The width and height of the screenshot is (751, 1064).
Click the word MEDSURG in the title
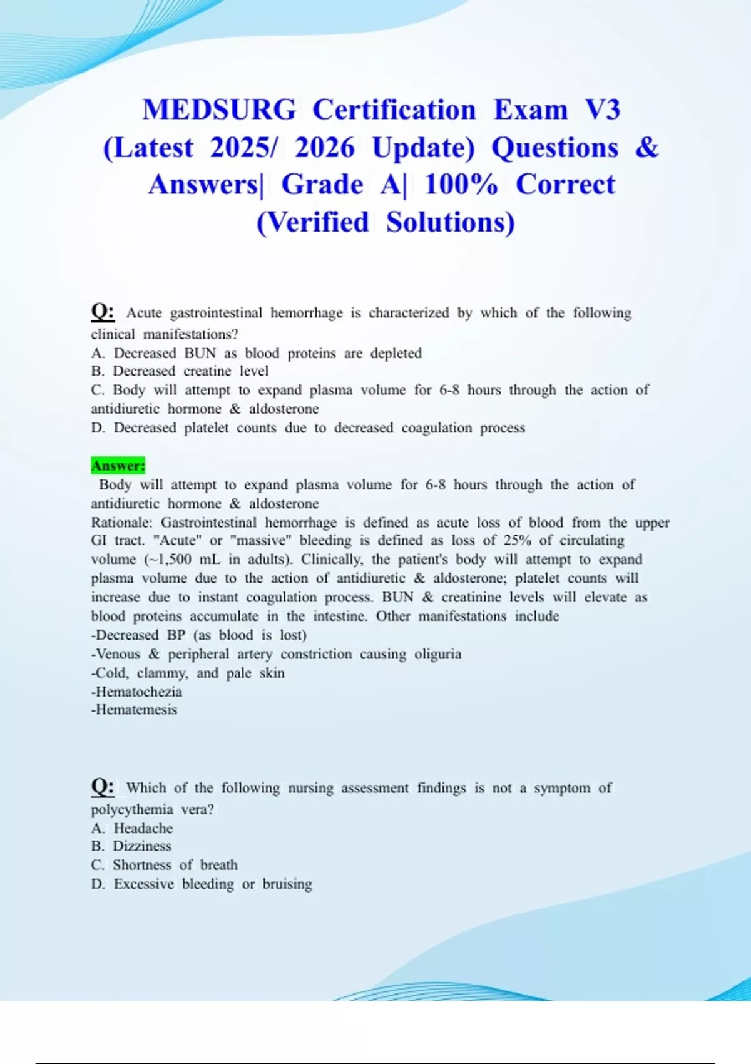pyautogui.click(x=219, y=110)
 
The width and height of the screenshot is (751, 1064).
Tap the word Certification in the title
pyautogui.click(x=394, y=110)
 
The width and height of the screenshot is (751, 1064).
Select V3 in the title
pyautogui.click(x=603, y=110)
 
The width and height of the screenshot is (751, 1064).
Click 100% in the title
pyautogui.click(x=461, y=185)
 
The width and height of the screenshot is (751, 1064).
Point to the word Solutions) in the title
pyautogui.click(x=450, y=222)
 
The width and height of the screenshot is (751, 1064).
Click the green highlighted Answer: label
pyautogui.click(x=118, y=466)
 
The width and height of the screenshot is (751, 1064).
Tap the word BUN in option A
pyautogui.click(x=200, y=353)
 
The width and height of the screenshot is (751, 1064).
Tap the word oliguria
pyautogui.click(x=437, y=654)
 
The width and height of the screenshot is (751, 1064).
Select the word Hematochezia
pyautogui.click(x=136, y=692)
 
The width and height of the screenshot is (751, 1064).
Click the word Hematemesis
pyautogui.click(x=134, y=710)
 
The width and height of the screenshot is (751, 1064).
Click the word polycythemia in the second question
pyautogui.click(x=132, y=809)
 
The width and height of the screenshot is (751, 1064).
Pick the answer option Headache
pyautogui.click(x=143, y=828)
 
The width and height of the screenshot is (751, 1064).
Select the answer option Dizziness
pyautogui.click(x=142, y=846)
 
